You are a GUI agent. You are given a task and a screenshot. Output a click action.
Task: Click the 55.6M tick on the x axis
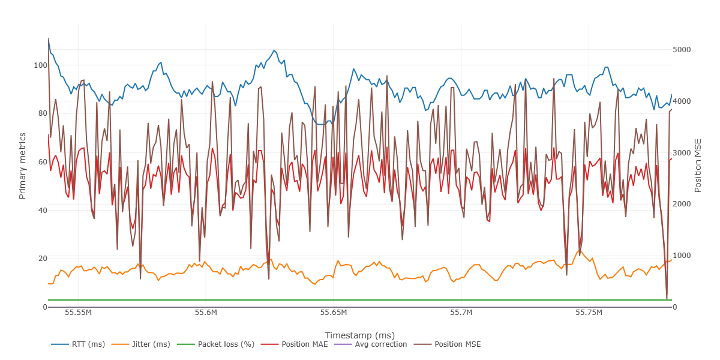(206, 313)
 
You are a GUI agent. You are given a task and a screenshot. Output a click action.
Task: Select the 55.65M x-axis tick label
(334, 313)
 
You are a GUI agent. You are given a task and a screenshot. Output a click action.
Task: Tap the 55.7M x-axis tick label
(461, 313)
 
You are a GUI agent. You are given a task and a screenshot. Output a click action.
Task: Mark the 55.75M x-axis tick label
(589, 313)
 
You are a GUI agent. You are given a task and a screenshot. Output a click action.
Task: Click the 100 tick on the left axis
(39, 65)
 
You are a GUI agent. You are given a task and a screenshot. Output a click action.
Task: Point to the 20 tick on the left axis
(41, 259)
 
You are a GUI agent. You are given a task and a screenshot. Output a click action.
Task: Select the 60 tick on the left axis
(41, 162)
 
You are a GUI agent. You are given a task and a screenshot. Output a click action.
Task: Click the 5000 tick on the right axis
(683, 50)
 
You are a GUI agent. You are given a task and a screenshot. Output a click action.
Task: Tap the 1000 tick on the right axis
(683, 256)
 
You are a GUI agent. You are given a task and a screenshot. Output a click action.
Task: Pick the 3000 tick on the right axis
(683, 153)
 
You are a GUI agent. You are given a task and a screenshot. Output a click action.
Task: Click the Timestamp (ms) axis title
(359, 335)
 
